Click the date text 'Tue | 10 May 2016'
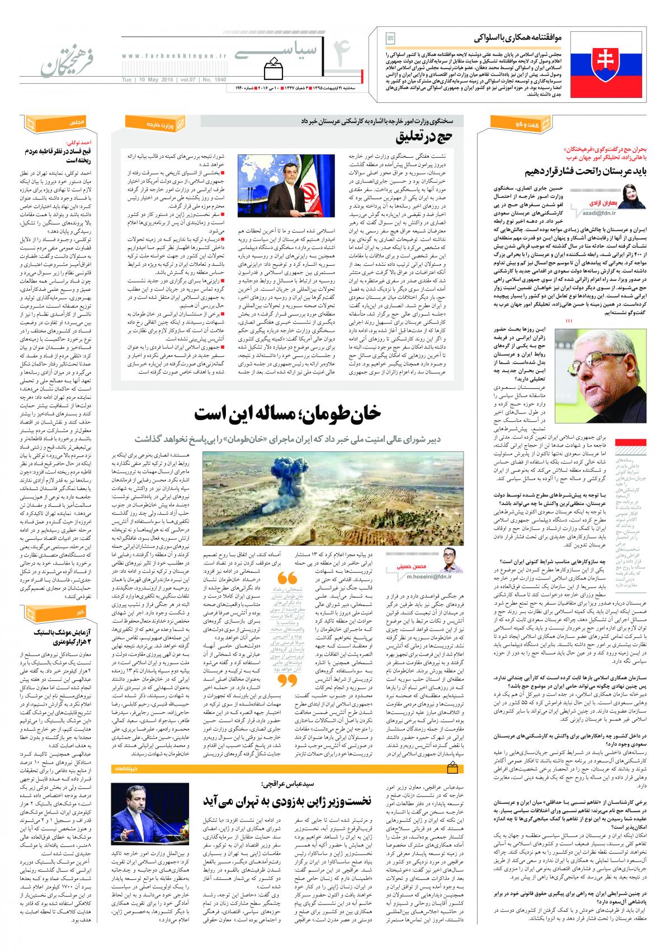(x=147, y=79)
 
